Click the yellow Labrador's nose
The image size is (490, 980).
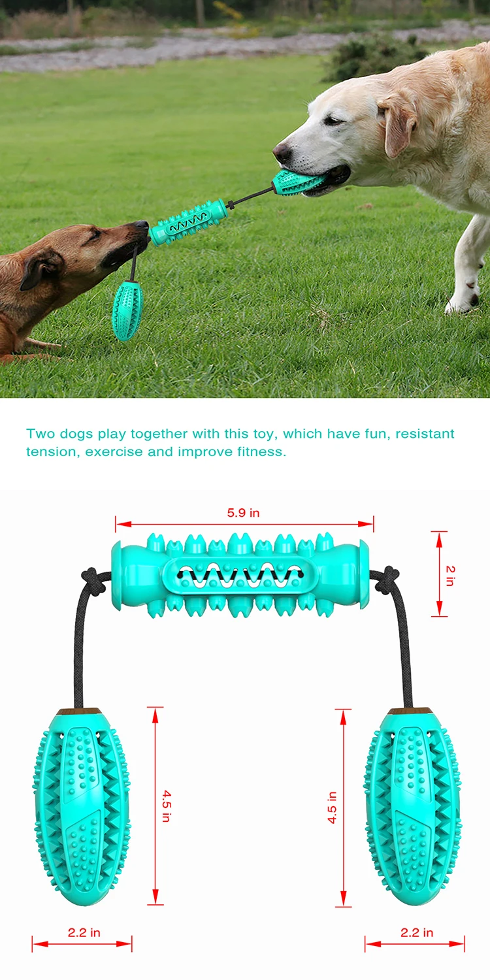tap(282, 154)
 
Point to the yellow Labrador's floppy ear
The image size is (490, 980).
tap(397, 125)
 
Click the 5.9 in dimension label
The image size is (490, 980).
tap(243, 513)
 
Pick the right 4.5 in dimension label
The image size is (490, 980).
tap(332, 807)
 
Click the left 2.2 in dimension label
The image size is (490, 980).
tap(84, 932)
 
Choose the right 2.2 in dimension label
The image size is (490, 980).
tap(416, 932)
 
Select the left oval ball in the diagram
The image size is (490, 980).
tap(81, 807)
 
